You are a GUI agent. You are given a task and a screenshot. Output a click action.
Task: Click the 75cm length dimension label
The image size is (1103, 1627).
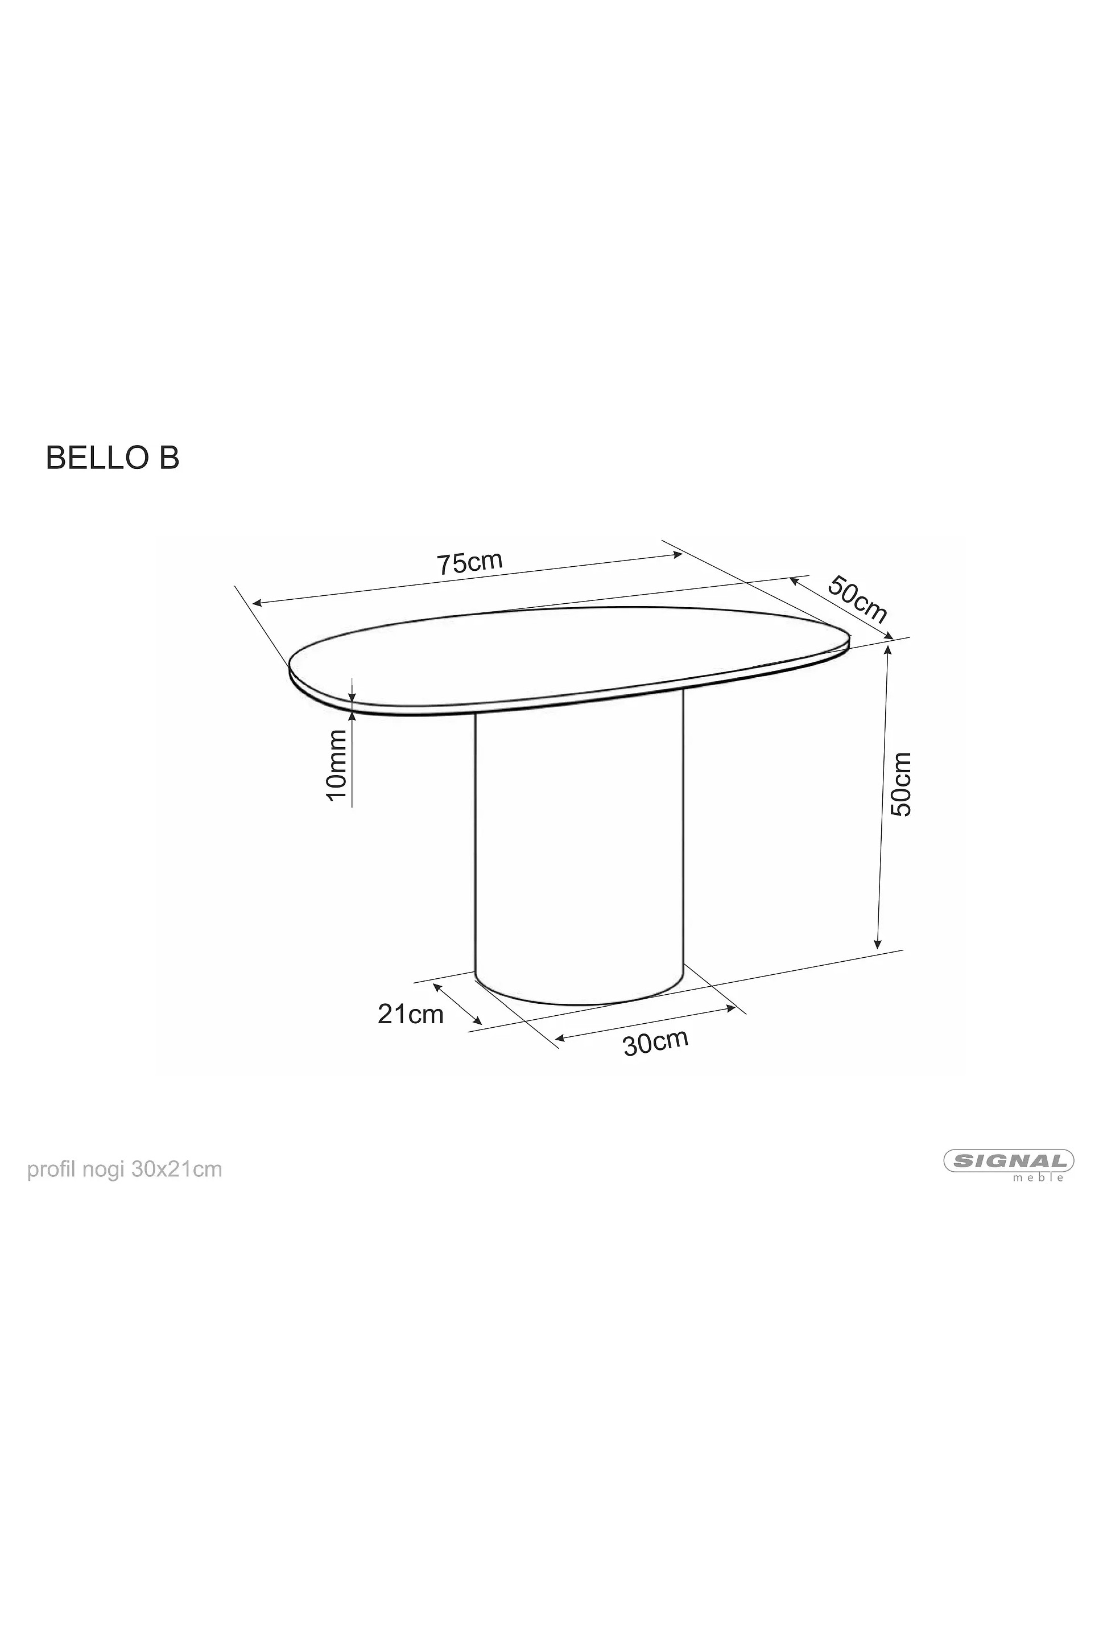[x=470, y=563]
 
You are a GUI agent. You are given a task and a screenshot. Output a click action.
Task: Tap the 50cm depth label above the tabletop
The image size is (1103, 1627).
[x=858, y=599]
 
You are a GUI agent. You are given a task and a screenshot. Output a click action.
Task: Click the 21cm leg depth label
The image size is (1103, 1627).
[x=411, y=1015]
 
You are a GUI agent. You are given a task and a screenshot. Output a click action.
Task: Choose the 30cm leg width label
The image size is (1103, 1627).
[x=656, y=1043]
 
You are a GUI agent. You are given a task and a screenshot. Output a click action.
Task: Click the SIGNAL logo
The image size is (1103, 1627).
[x=1009, y=1161]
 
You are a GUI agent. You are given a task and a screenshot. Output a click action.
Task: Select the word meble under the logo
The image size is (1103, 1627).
[x=1039, y=1178]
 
